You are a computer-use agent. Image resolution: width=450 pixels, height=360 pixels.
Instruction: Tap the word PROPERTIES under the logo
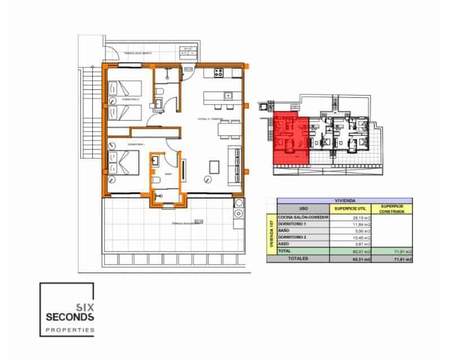(x=67, y=331)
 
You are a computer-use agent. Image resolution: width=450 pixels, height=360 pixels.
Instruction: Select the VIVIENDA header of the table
(x=344, y=200)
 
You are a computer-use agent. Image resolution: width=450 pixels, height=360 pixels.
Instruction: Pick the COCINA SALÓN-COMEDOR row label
(x=303, y=218)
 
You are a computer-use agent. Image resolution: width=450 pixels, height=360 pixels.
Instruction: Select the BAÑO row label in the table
(x=285, y=231)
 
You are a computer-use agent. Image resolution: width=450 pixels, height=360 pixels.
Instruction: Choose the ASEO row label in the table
(x=285, y=245)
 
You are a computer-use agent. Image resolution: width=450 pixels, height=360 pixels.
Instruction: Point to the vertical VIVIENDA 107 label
(x=272, y=235)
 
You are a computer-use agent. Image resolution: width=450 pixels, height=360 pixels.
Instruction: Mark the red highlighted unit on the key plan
(x=290, y=138)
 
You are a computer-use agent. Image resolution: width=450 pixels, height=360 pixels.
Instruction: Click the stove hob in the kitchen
(x=219, y=71)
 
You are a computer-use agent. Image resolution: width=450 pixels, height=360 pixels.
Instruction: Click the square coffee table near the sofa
(x=214, y=167)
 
